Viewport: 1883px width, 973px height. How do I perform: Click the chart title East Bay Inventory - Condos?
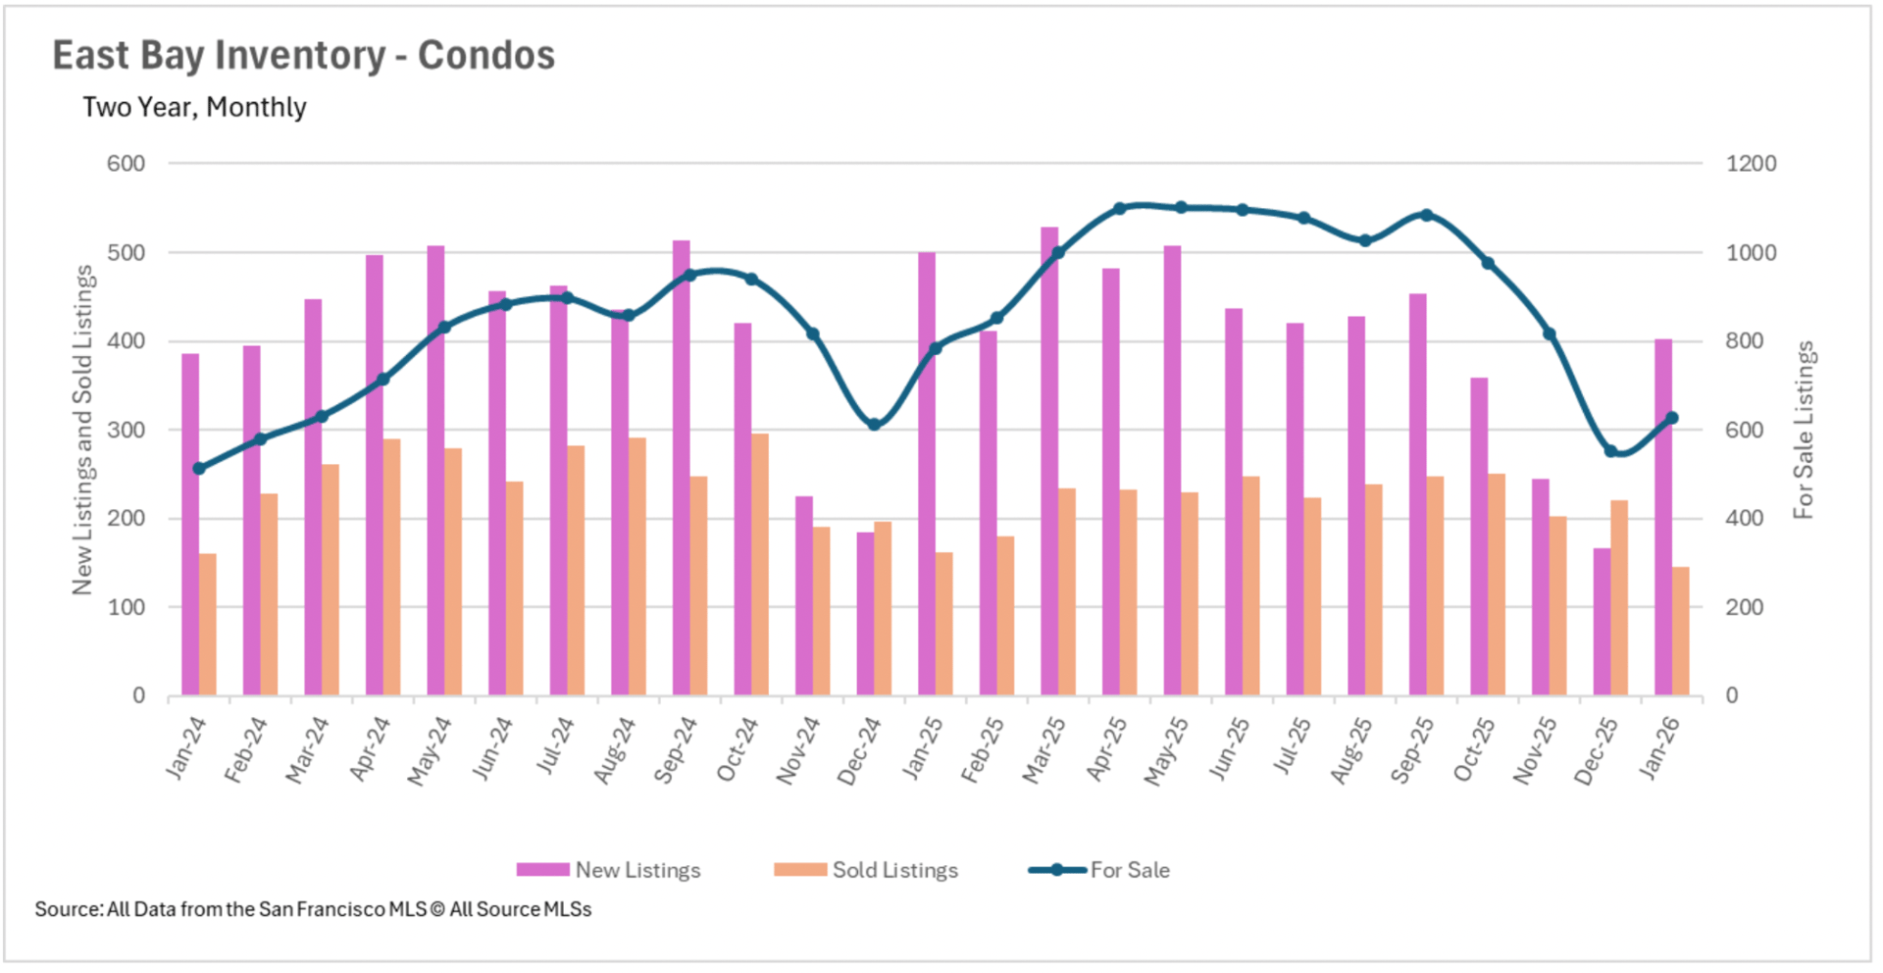pos(303,56)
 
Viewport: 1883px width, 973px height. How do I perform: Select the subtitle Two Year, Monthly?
pos(194,107)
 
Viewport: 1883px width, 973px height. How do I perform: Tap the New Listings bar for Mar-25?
pos(1049,461)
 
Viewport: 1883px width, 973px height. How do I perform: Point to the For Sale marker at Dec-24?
pos(875,425)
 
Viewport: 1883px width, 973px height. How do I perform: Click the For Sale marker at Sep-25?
pos(1426,215)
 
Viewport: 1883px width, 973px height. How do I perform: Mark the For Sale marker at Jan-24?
pos(199,469)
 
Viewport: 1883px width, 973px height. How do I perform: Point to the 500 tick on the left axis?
pos(126,252)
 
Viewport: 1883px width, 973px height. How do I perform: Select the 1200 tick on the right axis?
pos(1751,164)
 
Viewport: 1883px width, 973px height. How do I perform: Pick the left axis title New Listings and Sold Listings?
pos(82,430)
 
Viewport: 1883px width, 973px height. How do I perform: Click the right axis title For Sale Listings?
pos(1804,430)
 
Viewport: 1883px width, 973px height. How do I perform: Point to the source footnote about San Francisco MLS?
pos(313,909)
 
